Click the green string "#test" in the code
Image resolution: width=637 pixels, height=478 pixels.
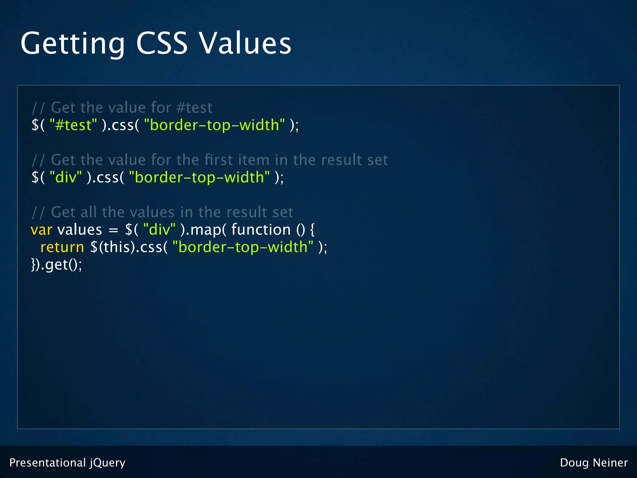(73, 125)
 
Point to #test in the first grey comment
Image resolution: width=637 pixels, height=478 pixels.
(194, 108)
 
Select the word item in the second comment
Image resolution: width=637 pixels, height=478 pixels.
(253, 160)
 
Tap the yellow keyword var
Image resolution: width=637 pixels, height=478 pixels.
(41, 230)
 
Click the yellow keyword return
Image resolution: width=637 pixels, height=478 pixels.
(62, 247)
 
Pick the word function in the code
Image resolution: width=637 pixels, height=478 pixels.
(261, 230)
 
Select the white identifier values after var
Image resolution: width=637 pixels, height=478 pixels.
(80, 230)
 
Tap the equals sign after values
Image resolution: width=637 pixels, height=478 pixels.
(114, 231)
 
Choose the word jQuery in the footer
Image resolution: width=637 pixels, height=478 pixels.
(108, 463)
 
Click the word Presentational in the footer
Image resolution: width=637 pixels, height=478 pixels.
(48, 463)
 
